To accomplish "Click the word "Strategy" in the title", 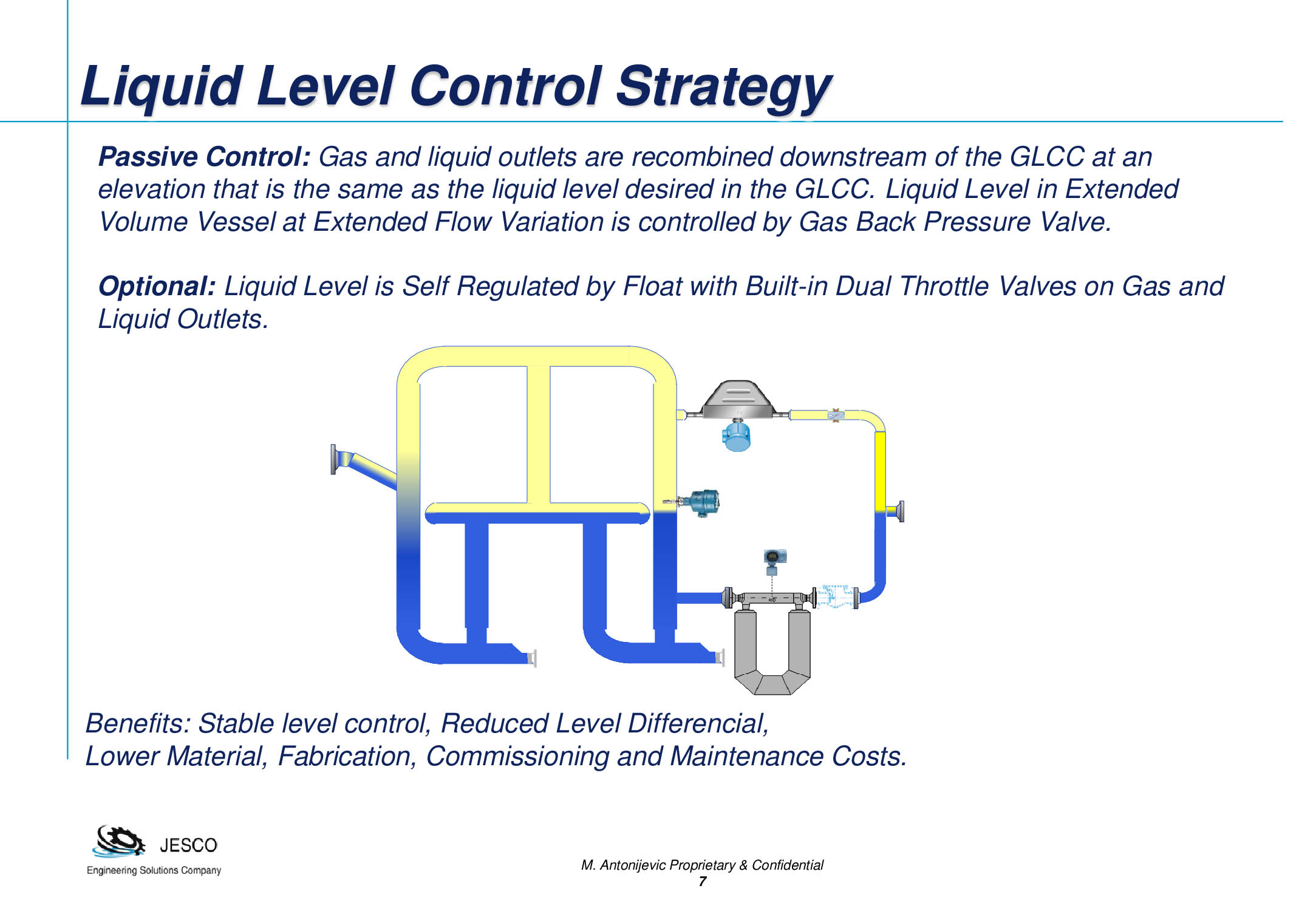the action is click(723, 87).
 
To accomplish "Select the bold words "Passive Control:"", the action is click(205, 157).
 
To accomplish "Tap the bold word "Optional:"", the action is click(157, 286).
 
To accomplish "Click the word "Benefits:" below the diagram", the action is click(138, 723).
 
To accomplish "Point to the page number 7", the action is click(702, 882).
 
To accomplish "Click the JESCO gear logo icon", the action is click(119, 842).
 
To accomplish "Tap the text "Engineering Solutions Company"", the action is click(154, 870).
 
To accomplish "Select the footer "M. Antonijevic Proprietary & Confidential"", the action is click(702, 865).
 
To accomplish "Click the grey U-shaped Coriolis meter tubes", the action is click(772, 652).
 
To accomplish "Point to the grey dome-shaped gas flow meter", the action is click(738, 399).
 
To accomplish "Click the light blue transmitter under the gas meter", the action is click(737, 435).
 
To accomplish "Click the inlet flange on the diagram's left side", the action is click(333, 459).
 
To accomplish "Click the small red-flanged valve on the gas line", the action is click(836, 415).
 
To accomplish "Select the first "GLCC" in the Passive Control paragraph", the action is click(1047, 157).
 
